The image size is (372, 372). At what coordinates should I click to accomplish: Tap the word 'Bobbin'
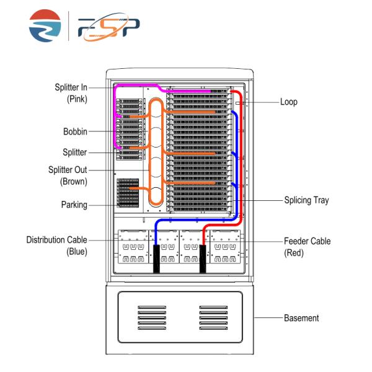pos(74,131)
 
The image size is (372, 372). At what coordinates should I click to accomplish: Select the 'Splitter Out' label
pos(68,170)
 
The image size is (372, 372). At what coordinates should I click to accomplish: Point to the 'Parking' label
pos(74,204)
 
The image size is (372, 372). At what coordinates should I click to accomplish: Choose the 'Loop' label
pos(288,102)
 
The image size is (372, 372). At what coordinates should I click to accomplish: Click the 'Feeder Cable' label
pos(307,241)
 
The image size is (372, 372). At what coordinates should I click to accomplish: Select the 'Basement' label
pos(301,318)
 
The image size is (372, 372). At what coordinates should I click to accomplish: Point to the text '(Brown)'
pos(74,182)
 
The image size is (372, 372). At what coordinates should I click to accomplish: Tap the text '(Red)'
pos(294,252)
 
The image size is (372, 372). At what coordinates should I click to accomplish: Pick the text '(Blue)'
pos(77,252)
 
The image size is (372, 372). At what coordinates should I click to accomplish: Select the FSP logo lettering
pos(108,27)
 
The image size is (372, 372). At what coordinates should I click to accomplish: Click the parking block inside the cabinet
pos(128,192)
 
